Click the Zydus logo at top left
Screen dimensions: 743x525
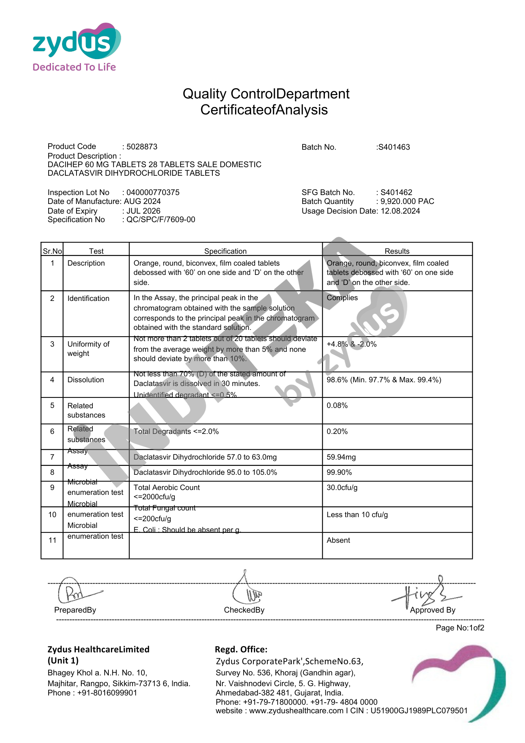pos(76,47)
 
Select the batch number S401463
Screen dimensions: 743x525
pos(394,147)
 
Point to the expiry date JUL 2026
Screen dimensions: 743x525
pos(143,211)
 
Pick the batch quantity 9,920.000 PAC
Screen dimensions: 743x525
pos(407,201)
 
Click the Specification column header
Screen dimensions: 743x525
pos(225,251)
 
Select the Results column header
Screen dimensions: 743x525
pos(397,251)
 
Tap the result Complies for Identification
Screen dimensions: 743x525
pos(342,298)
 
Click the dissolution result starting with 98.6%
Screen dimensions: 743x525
pos(384,380)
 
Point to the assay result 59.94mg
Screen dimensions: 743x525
pos(341,457)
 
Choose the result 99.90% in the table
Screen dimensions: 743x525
pos(339,472)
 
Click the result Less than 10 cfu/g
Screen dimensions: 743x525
pos(357,515)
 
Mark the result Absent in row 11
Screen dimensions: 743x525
pos(338,540)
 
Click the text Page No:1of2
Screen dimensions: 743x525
pos(460,628)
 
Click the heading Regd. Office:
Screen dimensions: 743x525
pos(241,649)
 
